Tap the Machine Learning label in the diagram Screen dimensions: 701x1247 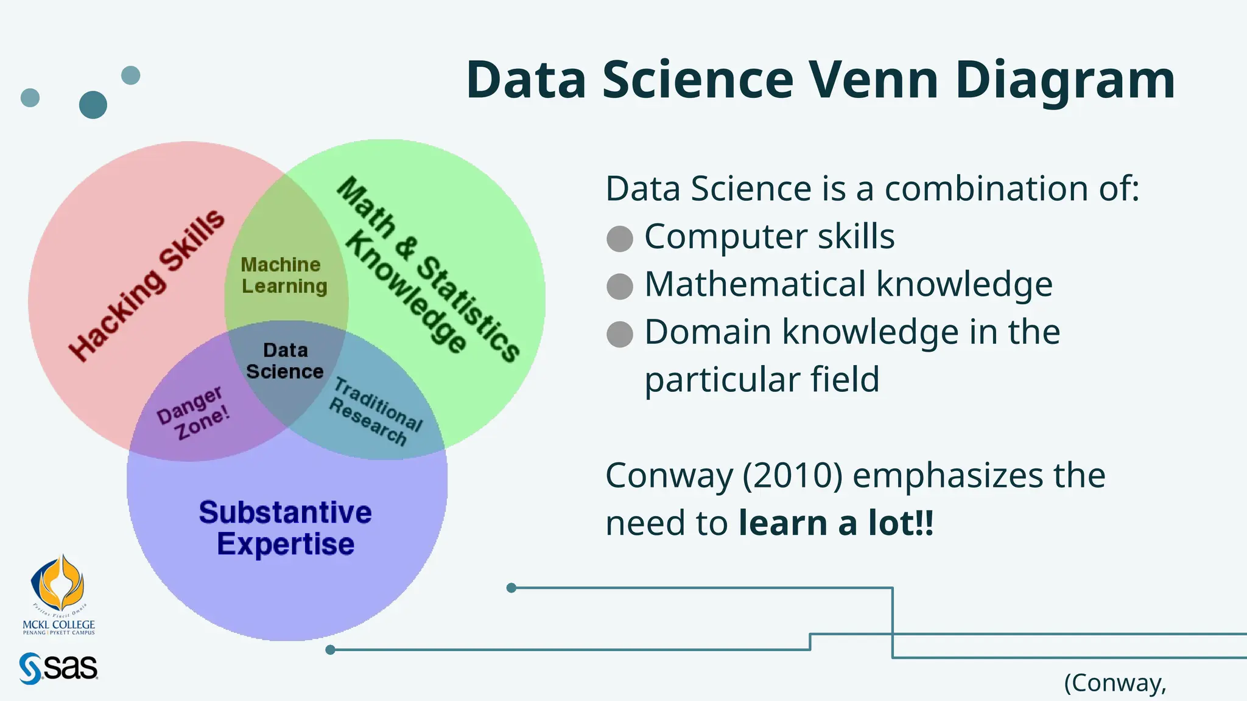(284, 276)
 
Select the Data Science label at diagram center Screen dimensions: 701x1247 (285, 361)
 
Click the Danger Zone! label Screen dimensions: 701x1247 (192, 414)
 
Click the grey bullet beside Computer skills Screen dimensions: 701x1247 (620, 239)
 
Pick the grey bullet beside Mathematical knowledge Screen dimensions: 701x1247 (620, 286)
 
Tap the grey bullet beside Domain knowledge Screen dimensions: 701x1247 (620, 334)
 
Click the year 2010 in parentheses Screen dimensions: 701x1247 (792, 475)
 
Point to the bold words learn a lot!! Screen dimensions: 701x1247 (835, 523)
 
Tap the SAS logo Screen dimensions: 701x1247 (58, 668)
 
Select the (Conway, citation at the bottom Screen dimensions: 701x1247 (1115, 683)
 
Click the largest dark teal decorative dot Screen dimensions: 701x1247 (93, 105)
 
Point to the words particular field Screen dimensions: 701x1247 (762, 380)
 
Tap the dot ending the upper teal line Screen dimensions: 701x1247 (511, 588)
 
